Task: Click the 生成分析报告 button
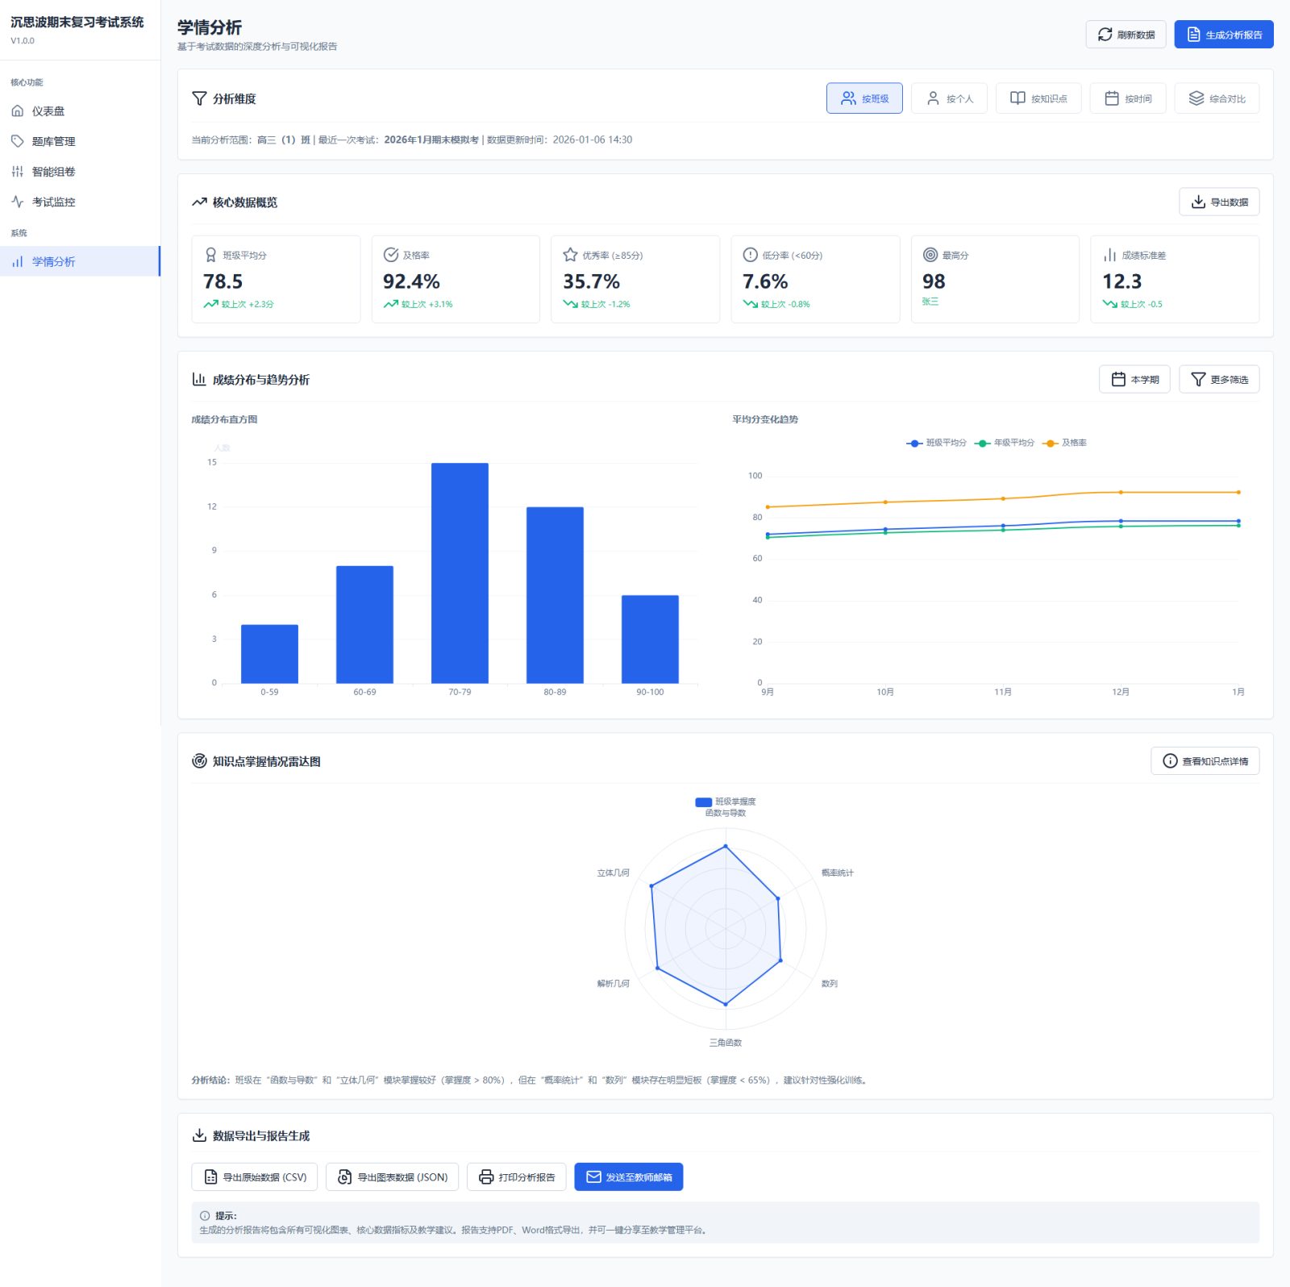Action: pyautogui.click(x=1223, y=35)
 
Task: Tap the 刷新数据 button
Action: pyautogui.click(x=1126, y=35)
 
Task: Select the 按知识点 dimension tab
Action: pyautogui.click(x=1038, y=98)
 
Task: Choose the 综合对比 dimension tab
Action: pyautogui.click(x=1217, y=98)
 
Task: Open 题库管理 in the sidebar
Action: pyautogui.click(x=53, y=141)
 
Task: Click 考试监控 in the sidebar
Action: pyautogui.click(x=53, y=202)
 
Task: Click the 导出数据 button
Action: pyautogui.click(x=1219, y=202)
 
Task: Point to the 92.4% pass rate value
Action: pyautogui.click(x=411, y=281)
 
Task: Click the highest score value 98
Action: pyautogui.click(x=934, y=281)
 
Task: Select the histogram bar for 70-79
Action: pyautogui.click(x=460, y=573)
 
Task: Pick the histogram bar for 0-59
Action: pyautogui.click(x=269, y=653)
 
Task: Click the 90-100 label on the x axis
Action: pyautogui.click(x=650, y=692)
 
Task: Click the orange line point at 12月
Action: pyautogui.click(x=1121, y=492)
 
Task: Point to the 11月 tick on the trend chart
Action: pyautogui.click(x=1003, y=692)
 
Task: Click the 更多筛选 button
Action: pyautogui.click(x=1219, y=379)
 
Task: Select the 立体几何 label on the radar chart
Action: pyautogui.click(x=613, y=873)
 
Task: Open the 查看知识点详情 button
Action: pyautogui.click(x=1205, y=761)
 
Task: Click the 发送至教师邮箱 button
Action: pyautogui.click(x=629, y=1177)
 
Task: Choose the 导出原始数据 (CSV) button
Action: pyautogui.click(x=255, y=1177)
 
